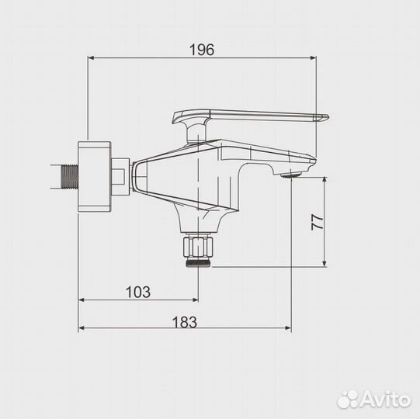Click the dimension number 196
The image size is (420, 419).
(201, 49)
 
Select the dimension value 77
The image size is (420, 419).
(316, 222)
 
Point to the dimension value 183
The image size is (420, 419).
(185, 320)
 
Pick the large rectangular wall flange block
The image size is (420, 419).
(96, 175)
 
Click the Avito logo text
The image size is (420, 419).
(383, 400)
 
